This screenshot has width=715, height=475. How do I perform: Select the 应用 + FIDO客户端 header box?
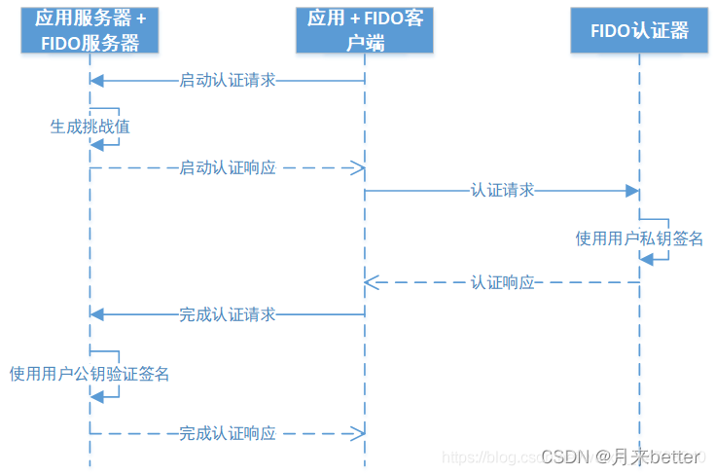pyautogui.click(x=365, y=30)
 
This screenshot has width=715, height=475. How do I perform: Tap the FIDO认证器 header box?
pyautogui.click(x=639, y=30)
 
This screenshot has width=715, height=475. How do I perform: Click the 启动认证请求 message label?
pyautogui.click(x=228, y=81)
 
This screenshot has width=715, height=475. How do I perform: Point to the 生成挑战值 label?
pyautogui.click(x=89, y=127)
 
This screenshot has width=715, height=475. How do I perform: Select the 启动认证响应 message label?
pyautogui.click(x=228, y=168)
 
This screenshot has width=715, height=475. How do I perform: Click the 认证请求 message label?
pyautogui.click(x=503, y=191)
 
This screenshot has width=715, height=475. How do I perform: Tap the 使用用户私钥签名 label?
pyautogui.click(x=639, y=238)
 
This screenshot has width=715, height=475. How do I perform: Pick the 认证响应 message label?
pyautogui.click(x=503, y=283)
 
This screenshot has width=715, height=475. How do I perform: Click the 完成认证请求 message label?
pyautogui.click(x=228, y=314)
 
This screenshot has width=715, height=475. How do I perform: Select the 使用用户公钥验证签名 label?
pyautogui.click(x=89, y=374)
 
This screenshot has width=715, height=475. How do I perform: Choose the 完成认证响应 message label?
pyautogui.click(x=228, y=434)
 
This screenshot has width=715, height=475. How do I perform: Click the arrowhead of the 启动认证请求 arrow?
pyautogui.click(x=95, y=81)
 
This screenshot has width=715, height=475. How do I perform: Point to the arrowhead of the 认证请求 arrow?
pyautogui.click(x=632, y=191)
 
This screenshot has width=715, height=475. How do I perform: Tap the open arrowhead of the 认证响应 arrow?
pyautogui.click(x=371, y=283)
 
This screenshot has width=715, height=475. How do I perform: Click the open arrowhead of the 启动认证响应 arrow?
pyautogui.click(x=358, y=168)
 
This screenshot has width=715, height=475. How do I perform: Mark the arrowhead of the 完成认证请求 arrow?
pyautogui.click(x=95, y=314)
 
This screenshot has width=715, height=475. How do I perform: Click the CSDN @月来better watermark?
pyautogui.click(x=620, y=456)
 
